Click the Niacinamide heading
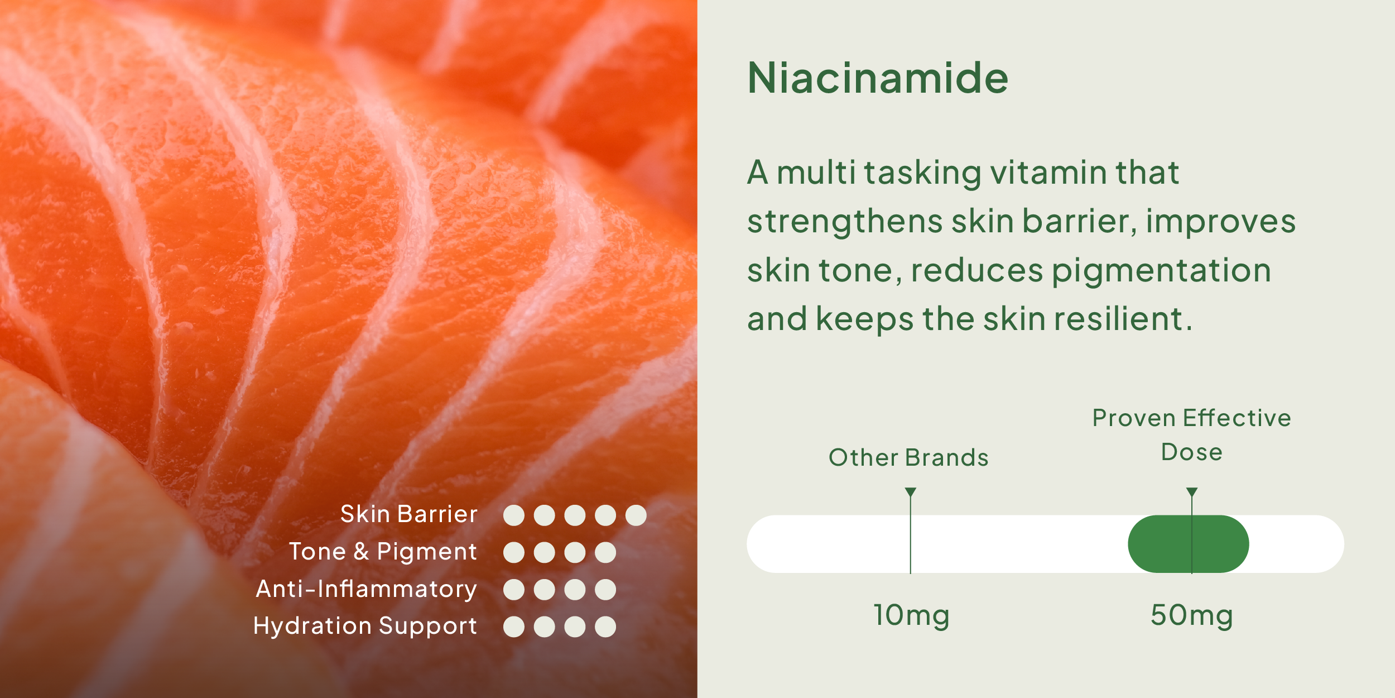[x=878, y=78]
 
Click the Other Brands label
[x=908, y=457]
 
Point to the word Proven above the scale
[x=1134, y=418]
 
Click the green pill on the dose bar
[x=1189, y=544]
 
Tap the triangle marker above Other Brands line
[x=911, y=492]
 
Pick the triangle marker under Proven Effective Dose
[x=1192, y=492]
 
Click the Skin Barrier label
[x=409, y=514]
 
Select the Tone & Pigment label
[x=383, y=552]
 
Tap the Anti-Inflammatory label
[x=367, y=589]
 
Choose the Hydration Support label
[x=365, y=627]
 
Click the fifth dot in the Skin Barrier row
[x=636, y=515]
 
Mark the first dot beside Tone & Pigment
[x=514, y=552]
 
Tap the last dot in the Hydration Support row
[x=605, y=627]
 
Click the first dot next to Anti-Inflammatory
[x=514, y=590]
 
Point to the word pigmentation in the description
[x=1162, y=272]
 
